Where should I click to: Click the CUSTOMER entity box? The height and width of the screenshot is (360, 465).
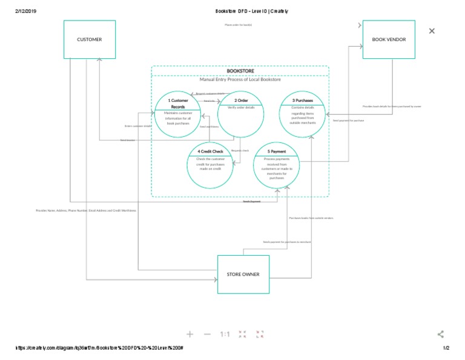90,40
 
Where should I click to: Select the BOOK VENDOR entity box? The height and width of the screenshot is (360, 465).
389,40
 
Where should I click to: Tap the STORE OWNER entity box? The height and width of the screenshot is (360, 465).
243,275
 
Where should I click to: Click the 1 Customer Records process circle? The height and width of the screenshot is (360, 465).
178,115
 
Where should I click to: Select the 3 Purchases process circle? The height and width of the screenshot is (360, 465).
303,114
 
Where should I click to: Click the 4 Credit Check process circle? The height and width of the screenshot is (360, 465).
209,165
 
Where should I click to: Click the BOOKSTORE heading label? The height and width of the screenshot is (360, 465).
240,71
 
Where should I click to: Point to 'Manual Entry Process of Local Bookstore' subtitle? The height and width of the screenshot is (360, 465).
240,79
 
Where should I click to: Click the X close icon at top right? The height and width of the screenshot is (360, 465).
432,31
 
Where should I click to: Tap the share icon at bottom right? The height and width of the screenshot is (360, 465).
441,334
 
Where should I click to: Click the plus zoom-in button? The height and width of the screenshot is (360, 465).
190,334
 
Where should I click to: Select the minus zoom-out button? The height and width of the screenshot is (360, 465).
207,334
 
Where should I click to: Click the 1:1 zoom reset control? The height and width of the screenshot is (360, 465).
225,334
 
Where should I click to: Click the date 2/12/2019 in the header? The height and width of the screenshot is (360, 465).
26,11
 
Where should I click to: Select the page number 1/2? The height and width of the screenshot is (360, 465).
446,348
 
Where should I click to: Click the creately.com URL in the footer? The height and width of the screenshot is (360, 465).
99,348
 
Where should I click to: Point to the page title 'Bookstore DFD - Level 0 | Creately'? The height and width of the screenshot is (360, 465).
251,11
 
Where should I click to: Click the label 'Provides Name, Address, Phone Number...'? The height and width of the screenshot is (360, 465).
86,210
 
